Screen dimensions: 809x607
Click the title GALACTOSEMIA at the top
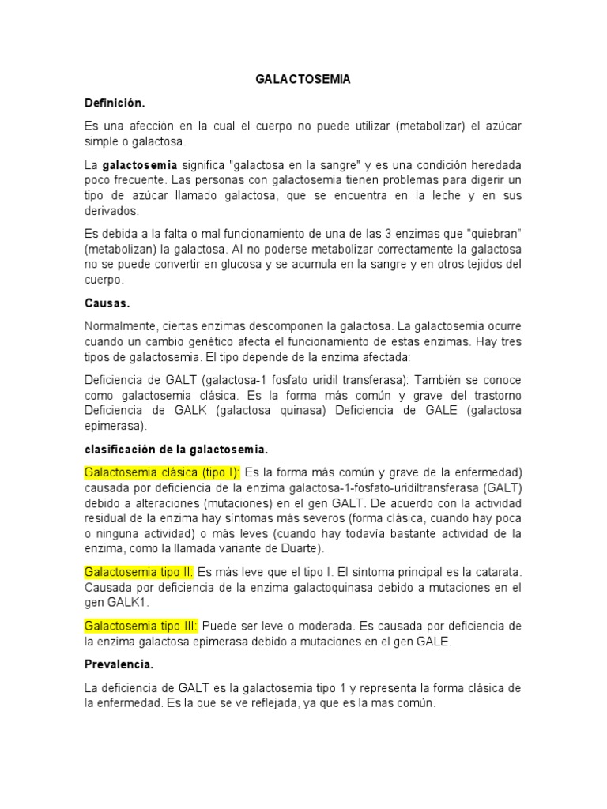(303, 80)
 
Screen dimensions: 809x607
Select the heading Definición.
(115, 103)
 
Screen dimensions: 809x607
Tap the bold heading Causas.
(107, 303)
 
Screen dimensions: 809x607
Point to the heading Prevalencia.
(119, 665)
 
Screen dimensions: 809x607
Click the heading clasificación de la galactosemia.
(176, 450)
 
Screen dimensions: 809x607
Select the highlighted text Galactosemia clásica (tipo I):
(162, 473)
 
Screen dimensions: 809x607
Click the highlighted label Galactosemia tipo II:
(139, 571)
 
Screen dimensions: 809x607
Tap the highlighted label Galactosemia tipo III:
(141, 626)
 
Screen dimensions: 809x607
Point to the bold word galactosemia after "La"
(140, 165)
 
